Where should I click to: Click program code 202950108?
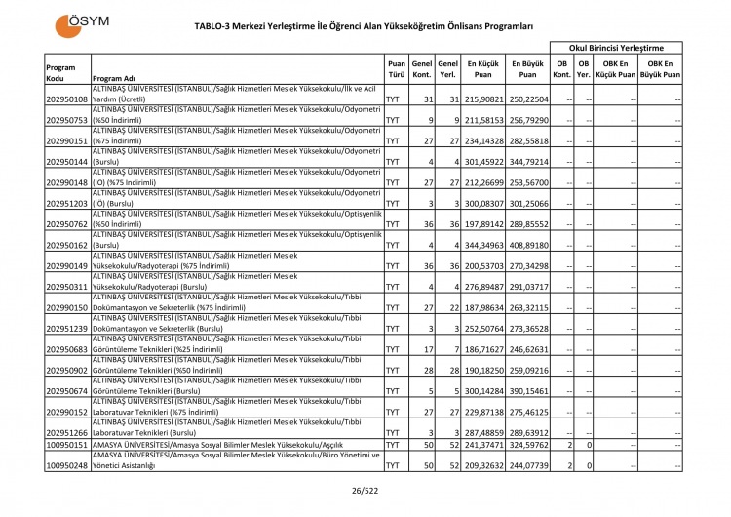[x=67, y=99]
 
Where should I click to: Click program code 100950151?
[x=67, y=445]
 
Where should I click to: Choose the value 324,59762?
[x=527, y=445]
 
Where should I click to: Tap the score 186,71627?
[x=481, y=350]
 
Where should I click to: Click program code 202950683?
[x=67, y=350]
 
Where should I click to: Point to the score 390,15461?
[x=527, y=392]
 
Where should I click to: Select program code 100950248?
[x=67, y=465]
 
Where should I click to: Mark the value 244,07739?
[x=527, y=465]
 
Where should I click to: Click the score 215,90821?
[x=481, y=99]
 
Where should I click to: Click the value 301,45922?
[x=481, y=162]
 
